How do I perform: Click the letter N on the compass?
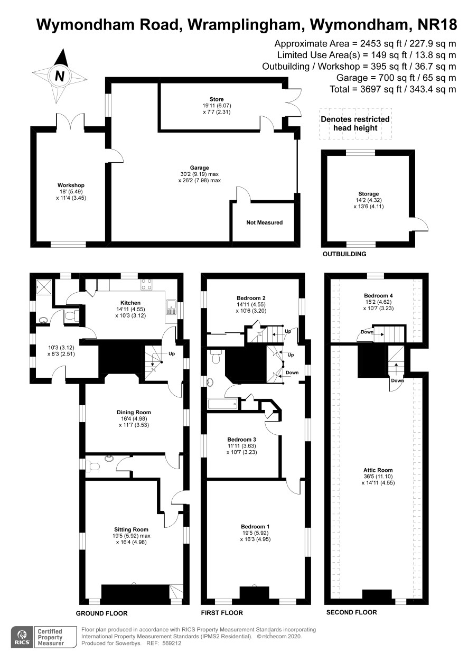60,76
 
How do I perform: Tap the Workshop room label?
71,185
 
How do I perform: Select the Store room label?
217,99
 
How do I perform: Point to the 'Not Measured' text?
265,222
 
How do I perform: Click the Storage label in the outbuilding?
369,194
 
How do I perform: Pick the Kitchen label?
130,303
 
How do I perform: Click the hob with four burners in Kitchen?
147,284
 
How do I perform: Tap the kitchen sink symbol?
171,307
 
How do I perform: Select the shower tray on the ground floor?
44,286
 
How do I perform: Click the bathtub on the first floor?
222,404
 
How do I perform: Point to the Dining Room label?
134,412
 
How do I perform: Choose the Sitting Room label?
131,529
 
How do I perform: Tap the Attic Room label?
378,470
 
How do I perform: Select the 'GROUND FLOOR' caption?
101,613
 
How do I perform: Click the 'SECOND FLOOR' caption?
352,612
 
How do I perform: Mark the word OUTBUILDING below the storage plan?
344,254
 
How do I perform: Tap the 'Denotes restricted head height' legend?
355,124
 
